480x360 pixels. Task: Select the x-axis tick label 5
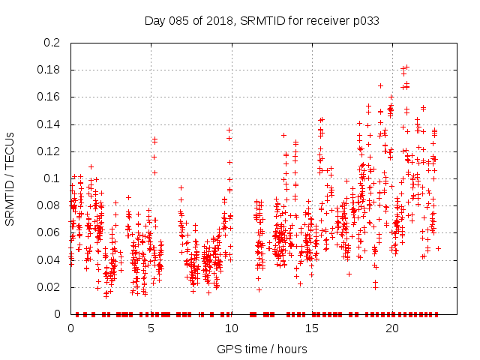[x=151, y=328]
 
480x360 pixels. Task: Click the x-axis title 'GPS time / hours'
[x=262, y=349]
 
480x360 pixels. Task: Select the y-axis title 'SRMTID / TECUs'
[x=10, y=178]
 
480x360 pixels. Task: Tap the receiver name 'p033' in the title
[x=365, y=20]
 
